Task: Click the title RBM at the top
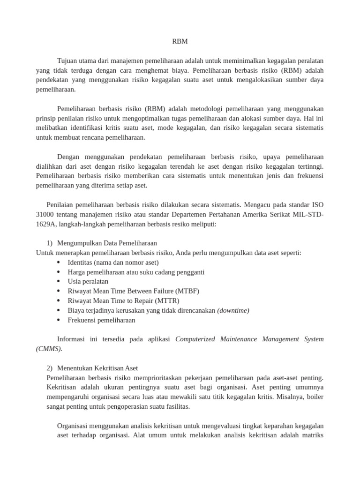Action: (180, 41)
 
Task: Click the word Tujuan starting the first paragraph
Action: (67, 61)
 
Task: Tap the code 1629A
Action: (45, 224)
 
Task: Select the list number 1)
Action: (50, 243)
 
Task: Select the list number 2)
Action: (50, 368)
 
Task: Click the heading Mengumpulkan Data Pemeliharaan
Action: (107, 243)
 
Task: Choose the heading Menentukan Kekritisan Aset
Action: (97, 368)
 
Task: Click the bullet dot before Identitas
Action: (58, 262)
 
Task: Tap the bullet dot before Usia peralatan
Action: (58, 282)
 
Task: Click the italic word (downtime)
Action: (233, 310)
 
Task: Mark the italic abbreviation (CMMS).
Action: (49, 348)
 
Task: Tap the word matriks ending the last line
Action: (311, 435)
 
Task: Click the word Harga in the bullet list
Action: (77, 272)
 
